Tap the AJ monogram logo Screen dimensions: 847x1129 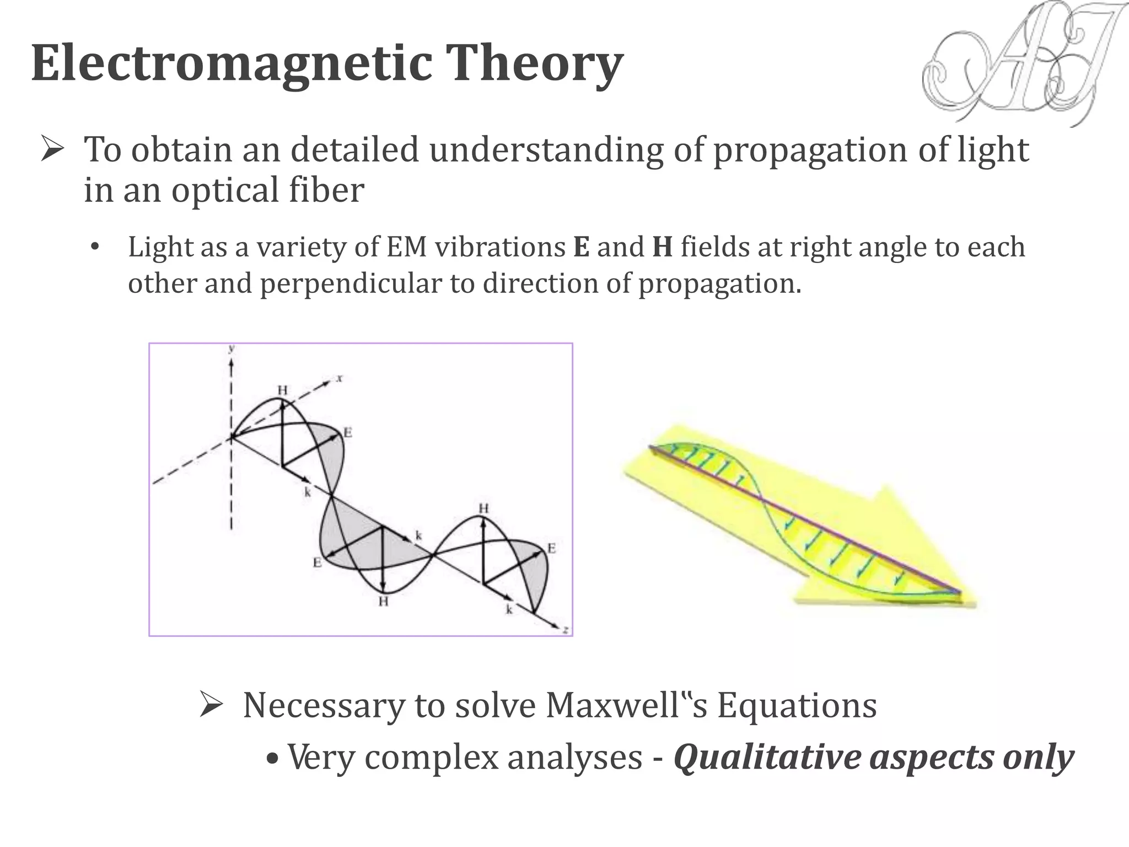(1020, 63)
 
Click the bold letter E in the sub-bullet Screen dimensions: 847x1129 (581, 247)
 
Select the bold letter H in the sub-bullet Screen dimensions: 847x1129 (662, 247)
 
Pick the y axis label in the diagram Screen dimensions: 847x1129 (232, 349)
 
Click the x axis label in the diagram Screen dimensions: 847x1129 (340, 378)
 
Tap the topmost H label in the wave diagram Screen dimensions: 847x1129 (282, 390)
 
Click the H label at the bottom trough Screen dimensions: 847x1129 (383, 601)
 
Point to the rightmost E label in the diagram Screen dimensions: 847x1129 (551, 548)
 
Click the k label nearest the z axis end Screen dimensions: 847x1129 (509, 609)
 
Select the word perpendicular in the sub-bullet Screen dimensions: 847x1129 (351, 284)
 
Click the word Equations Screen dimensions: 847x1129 (797, 705)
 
